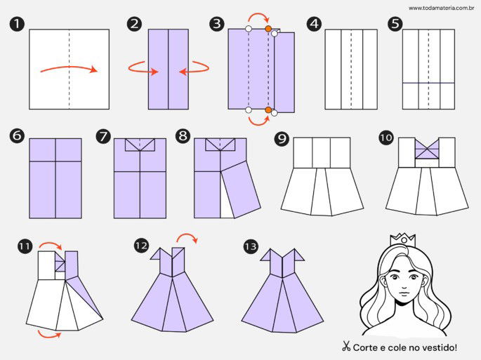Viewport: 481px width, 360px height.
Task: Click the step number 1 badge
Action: [15, 25]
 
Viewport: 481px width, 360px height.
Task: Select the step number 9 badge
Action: [281, 139]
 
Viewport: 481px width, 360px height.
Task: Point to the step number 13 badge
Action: [251, 246]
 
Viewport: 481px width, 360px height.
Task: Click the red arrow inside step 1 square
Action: [69, 69]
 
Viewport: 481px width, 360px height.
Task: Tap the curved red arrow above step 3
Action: [259, 16]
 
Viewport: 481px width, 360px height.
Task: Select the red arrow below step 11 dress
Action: [48, 335]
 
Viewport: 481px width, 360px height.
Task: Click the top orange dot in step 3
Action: [268, 29]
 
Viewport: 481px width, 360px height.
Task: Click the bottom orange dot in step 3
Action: [268, 109]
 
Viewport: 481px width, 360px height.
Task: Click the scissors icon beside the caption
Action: [345, 347]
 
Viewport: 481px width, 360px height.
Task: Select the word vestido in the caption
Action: [439, 347]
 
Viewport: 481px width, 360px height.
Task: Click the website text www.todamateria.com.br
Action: [441, 8]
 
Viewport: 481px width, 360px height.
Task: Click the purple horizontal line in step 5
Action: [428, 83]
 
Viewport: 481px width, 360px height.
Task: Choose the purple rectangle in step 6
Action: [55, 178]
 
